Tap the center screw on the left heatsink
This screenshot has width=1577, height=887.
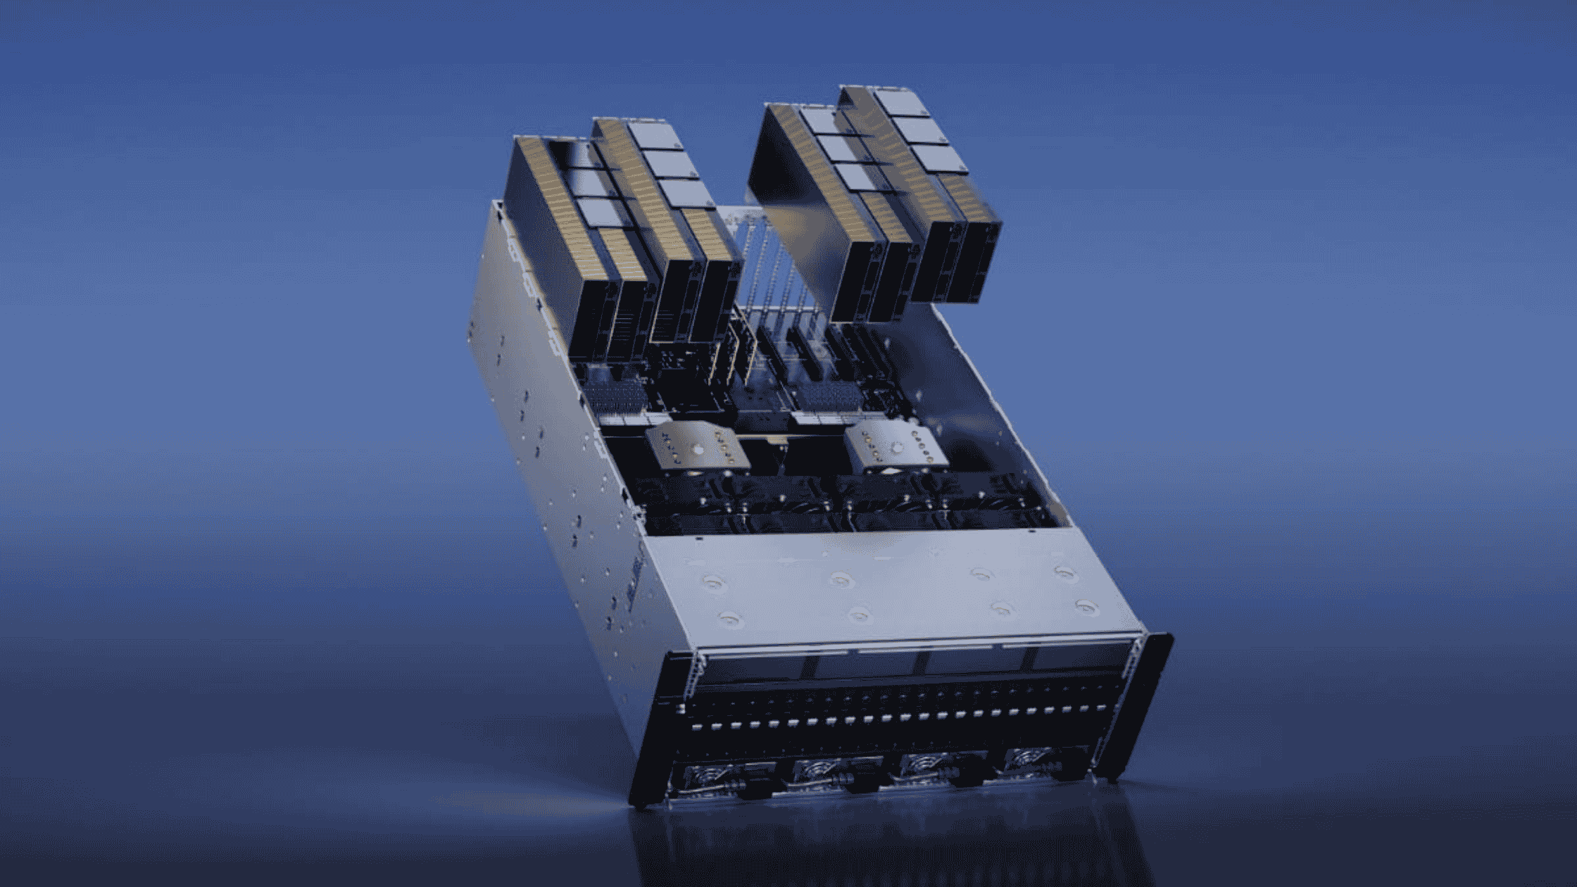point(698,448)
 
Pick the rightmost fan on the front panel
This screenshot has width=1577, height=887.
point(1031,760)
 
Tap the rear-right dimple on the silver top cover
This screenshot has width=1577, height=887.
point(1064,572)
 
